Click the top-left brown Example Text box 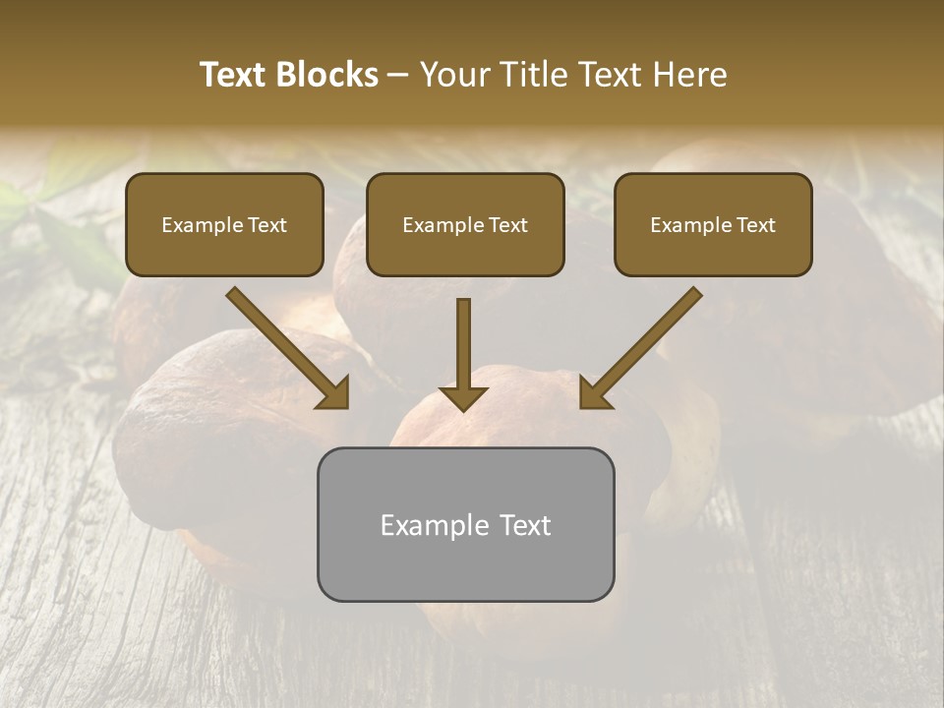224,225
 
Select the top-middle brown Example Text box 465,225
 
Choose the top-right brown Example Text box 713,225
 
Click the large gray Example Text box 465,524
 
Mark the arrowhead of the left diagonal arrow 334,394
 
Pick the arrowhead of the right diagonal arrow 594,394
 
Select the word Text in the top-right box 755,225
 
